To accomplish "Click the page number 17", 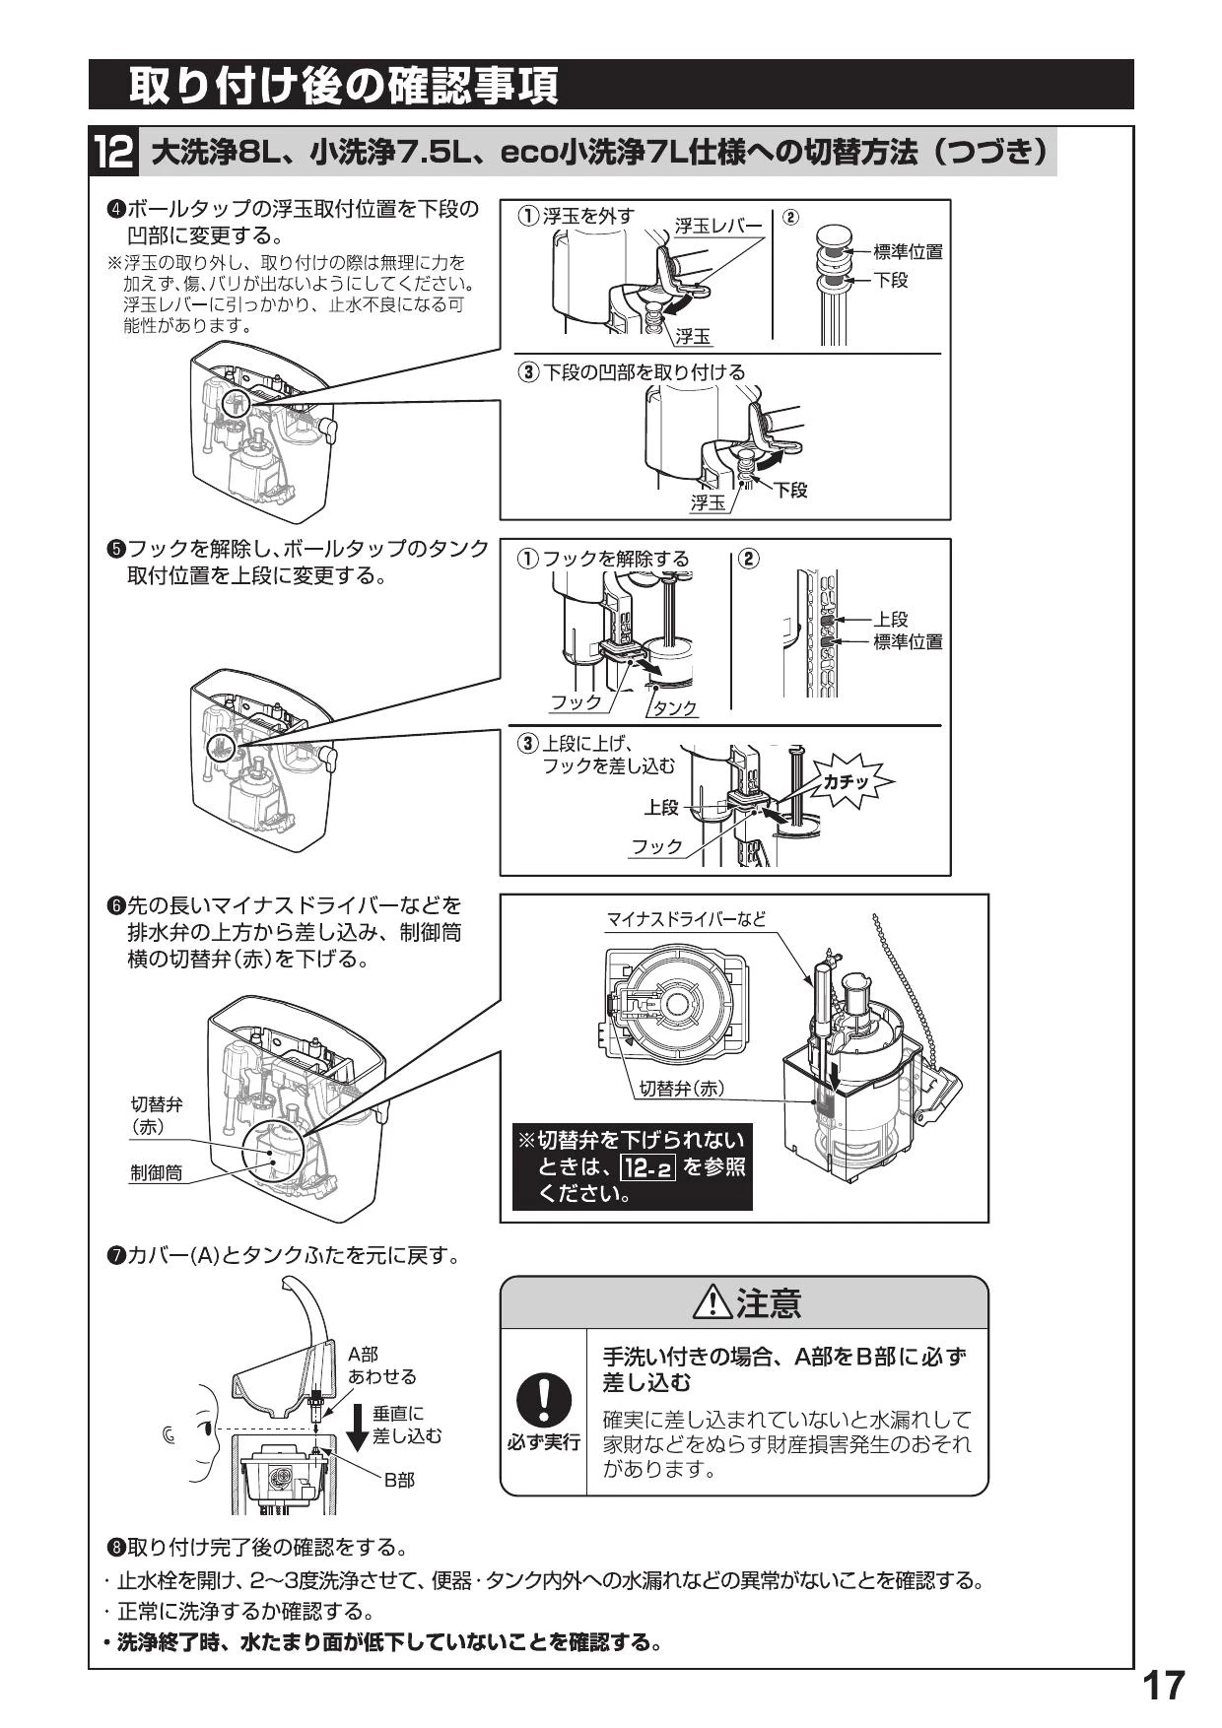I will point(1163,1687).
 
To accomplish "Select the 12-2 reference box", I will point(647,1168).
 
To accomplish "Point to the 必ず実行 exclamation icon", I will point(542,1400).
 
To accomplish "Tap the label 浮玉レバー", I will point(717,227).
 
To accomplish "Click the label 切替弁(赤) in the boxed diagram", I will point(679,1088).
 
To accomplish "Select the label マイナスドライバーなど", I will point(685,919).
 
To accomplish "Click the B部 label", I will point(399,1480).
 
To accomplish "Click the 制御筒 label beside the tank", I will point(157,1173).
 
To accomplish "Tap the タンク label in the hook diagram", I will point(675,707).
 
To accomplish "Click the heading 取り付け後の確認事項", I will point(344,86).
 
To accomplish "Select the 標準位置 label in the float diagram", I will point(907,252).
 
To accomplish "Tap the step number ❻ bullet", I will point(115,904).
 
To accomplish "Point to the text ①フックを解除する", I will point(603,559).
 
